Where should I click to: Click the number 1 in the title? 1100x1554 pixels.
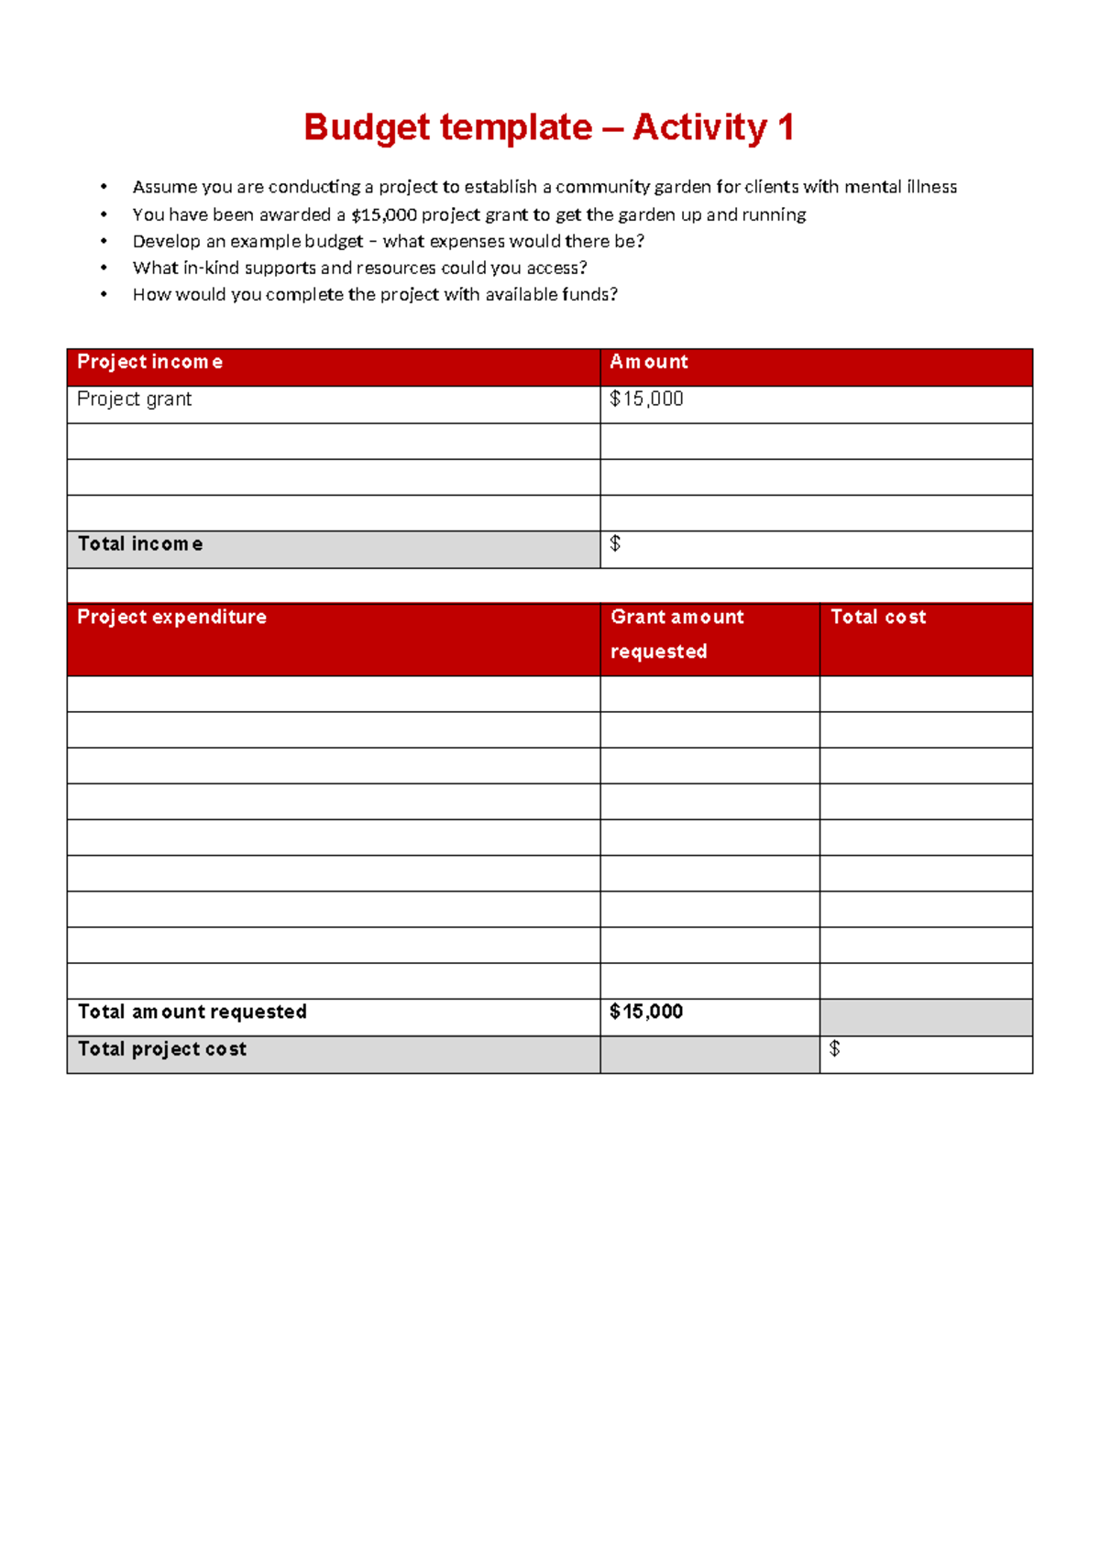[x=785, y=127]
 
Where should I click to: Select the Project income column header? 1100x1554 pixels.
[x=149, y=362]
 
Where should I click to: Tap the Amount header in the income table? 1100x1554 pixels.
[x=649, y=362]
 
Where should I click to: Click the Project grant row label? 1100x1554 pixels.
[x=134, y=399]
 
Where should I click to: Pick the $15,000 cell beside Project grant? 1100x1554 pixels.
[x=646, y=399]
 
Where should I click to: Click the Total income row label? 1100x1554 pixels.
[x=140, y=544]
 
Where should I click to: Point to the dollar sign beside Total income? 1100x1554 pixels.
[x=615, y=544]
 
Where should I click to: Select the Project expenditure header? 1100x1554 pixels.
[x=171, y=618]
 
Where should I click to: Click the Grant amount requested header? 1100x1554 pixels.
[x=677, y=634]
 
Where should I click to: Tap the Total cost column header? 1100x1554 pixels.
[x=878, y=618]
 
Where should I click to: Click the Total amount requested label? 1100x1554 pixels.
[x=192, y=1012]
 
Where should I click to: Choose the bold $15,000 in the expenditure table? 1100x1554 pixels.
[x=646, y=1012]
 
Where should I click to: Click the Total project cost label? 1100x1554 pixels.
[x=161, y=1049]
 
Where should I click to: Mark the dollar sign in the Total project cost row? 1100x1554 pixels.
[x=834, y=1049]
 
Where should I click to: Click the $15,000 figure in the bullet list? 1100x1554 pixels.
[x=384, y=214]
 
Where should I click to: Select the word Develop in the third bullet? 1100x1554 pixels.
[x=166, y=241]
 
